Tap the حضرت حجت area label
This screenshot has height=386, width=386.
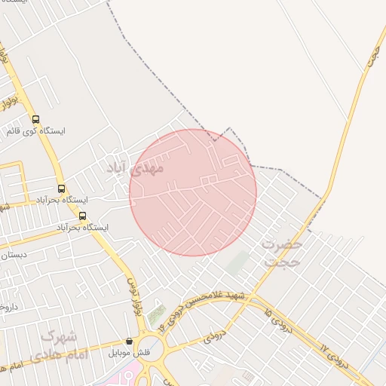(x=283, y=254)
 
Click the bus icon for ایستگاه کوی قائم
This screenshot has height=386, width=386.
(x=35, y=118)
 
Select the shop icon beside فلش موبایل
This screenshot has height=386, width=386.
(x=129, y=341)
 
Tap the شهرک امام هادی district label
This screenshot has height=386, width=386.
(x=61, y=345)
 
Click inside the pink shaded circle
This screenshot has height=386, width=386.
(x=193, y=193)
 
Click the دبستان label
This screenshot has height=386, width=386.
(x=15, y=255)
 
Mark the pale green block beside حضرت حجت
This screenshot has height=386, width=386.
(x=238, y=263)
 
